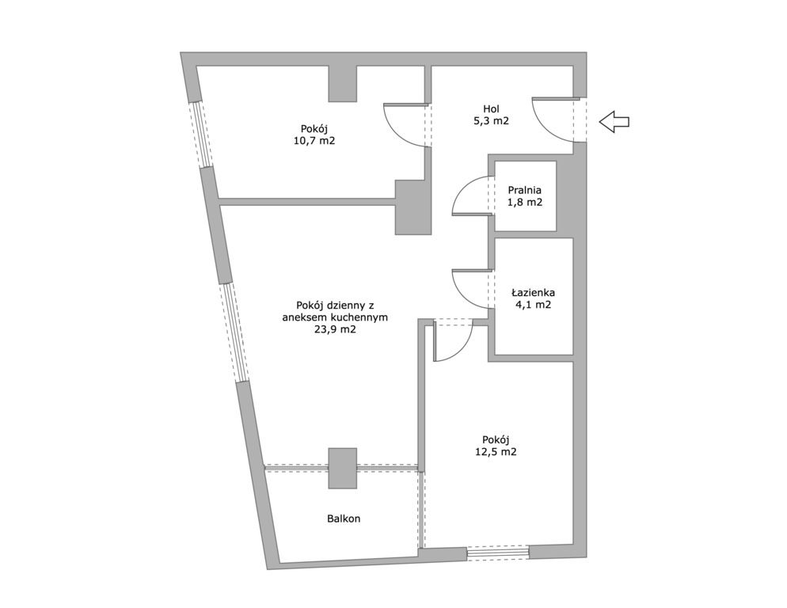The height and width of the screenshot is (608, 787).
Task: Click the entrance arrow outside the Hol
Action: [614, 122]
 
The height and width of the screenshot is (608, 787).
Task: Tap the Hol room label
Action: [492, 109]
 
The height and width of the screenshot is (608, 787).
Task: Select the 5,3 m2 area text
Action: [492, 121]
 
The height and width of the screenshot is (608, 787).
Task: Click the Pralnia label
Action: [524, 190]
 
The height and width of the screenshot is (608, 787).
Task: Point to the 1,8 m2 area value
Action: [524, 203]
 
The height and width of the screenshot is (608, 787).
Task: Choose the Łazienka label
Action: [533, 292]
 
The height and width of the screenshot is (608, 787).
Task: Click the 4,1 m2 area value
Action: [533, 304]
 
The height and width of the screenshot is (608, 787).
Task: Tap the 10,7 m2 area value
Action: [314, 141]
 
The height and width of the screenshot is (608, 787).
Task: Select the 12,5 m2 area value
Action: [496, 452]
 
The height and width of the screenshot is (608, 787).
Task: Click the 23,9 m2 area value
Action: [335, 329]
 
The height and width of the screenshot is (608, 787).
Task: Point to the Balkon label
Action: [344, 519]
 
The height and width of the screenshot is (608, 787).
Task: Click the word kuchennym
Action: [360, 317]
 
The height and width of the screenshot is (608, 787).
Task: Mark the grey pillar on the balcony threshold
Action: [343, 469]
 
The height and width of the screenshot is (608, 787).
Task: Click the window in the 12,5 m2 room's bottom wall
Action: [498, 553]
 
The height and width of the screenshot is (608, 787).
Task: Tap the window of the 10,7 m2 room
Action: [202, 134]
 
